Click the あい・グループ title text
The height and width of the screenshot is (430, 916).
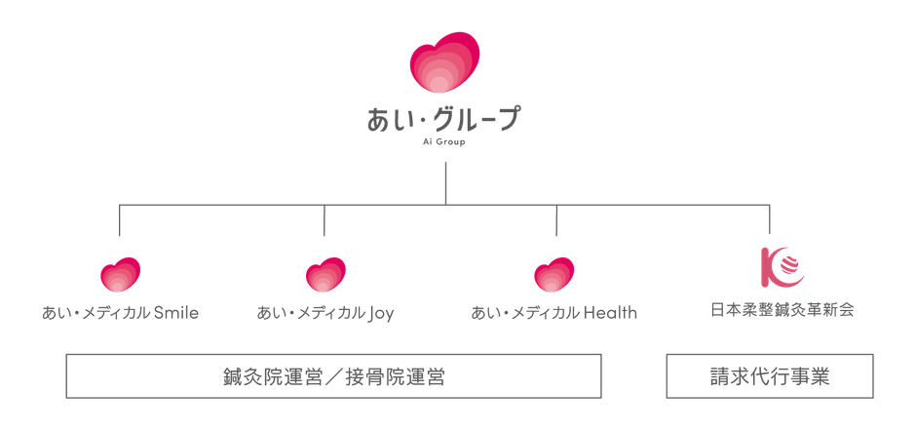[x=444, y=119]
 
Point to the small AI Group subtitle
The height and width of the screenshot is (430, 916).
[x=444, y=141]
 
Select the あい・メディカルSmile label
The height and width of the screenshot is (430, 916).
[x=120, y=314]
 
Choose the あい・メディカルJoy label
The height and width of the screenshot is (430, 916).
[x=324, y=314]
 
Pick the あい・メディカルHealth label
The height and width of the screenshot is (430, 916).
[x=554, y=314]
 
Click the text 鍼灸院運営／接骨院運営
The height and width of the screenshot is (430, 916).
[x=332, y=375]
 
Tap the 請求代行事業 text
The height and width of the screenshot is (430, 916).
[x=770, y=375]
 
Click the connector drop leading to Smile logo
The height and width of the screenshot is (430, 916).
[x=120, y=221]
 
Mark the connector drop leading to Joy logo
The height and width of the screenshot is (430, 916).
[x=324, y=221]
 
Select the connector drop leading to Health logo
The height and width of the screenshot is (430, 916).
[x=554, y=221]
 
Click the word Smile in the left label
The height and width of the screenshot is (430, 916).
[x=176, y=314]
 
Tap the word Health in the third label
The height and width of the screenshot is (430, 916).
[x=611, y=314]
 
